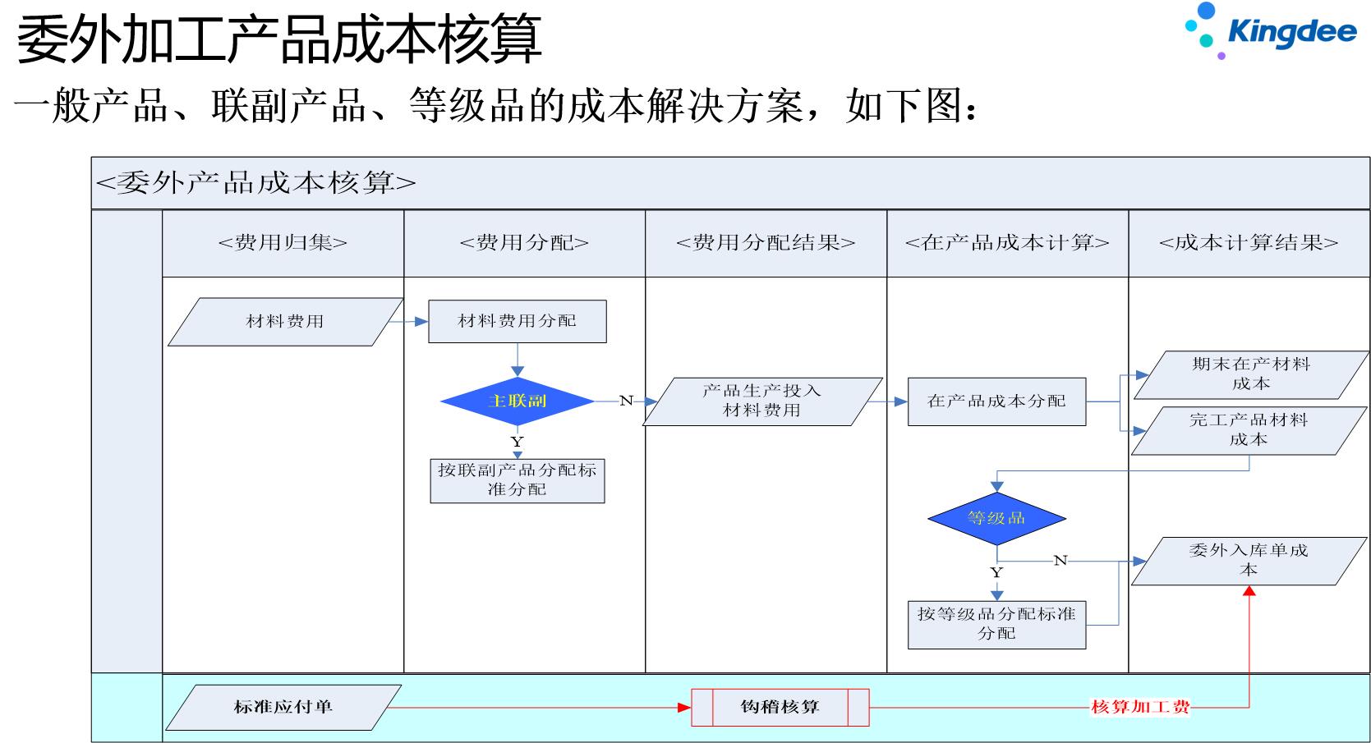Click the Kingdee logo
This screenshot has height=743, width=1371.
pos(1271,31)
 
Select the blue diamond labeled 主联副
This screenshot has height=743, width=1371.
pos(517,401)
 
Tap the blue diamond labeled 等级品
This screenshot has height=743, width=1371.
pos(996,518)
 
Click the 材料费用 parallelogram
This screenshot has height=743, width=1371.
pos(285,322)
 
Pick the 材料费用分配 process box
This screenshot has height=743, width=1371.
pos(517,321)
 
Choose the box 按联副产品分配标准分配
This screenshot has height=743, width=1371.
pos(517,480)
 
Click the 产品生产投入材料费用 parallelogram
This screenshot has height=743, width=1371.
pos(761,401)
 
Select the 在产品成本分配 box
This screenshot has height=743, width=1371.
pos(996,401)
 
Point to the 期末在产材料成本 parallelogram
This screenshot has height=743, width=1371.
pos(1250,374)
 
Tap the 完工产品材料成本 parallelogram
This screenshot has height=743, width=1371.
pos(1249,430)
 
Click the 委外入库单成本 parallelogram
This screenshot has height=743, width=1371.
pos(1249,561)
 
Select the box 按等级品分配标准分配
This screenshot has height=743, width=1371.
pos(996,624)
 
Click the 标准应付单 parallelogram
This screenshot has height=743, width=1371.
pos(283,707)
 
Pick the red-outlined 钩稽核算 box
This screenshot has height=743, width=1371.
pos(780,707)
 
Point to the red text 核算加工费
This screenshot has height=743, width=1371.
pos(1139,707)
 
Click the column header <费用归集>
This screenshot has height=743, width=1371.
pos(283,243)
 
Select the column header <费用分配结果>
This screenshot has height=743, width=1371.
pos(766,243)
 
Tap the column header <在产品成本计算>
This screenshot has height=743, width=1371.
pos(1007,243)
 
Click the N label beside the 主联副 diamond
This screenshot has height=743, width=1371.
pos(626,401)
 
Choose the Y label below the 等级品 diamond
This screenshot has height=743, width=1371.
pos(996,572)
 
